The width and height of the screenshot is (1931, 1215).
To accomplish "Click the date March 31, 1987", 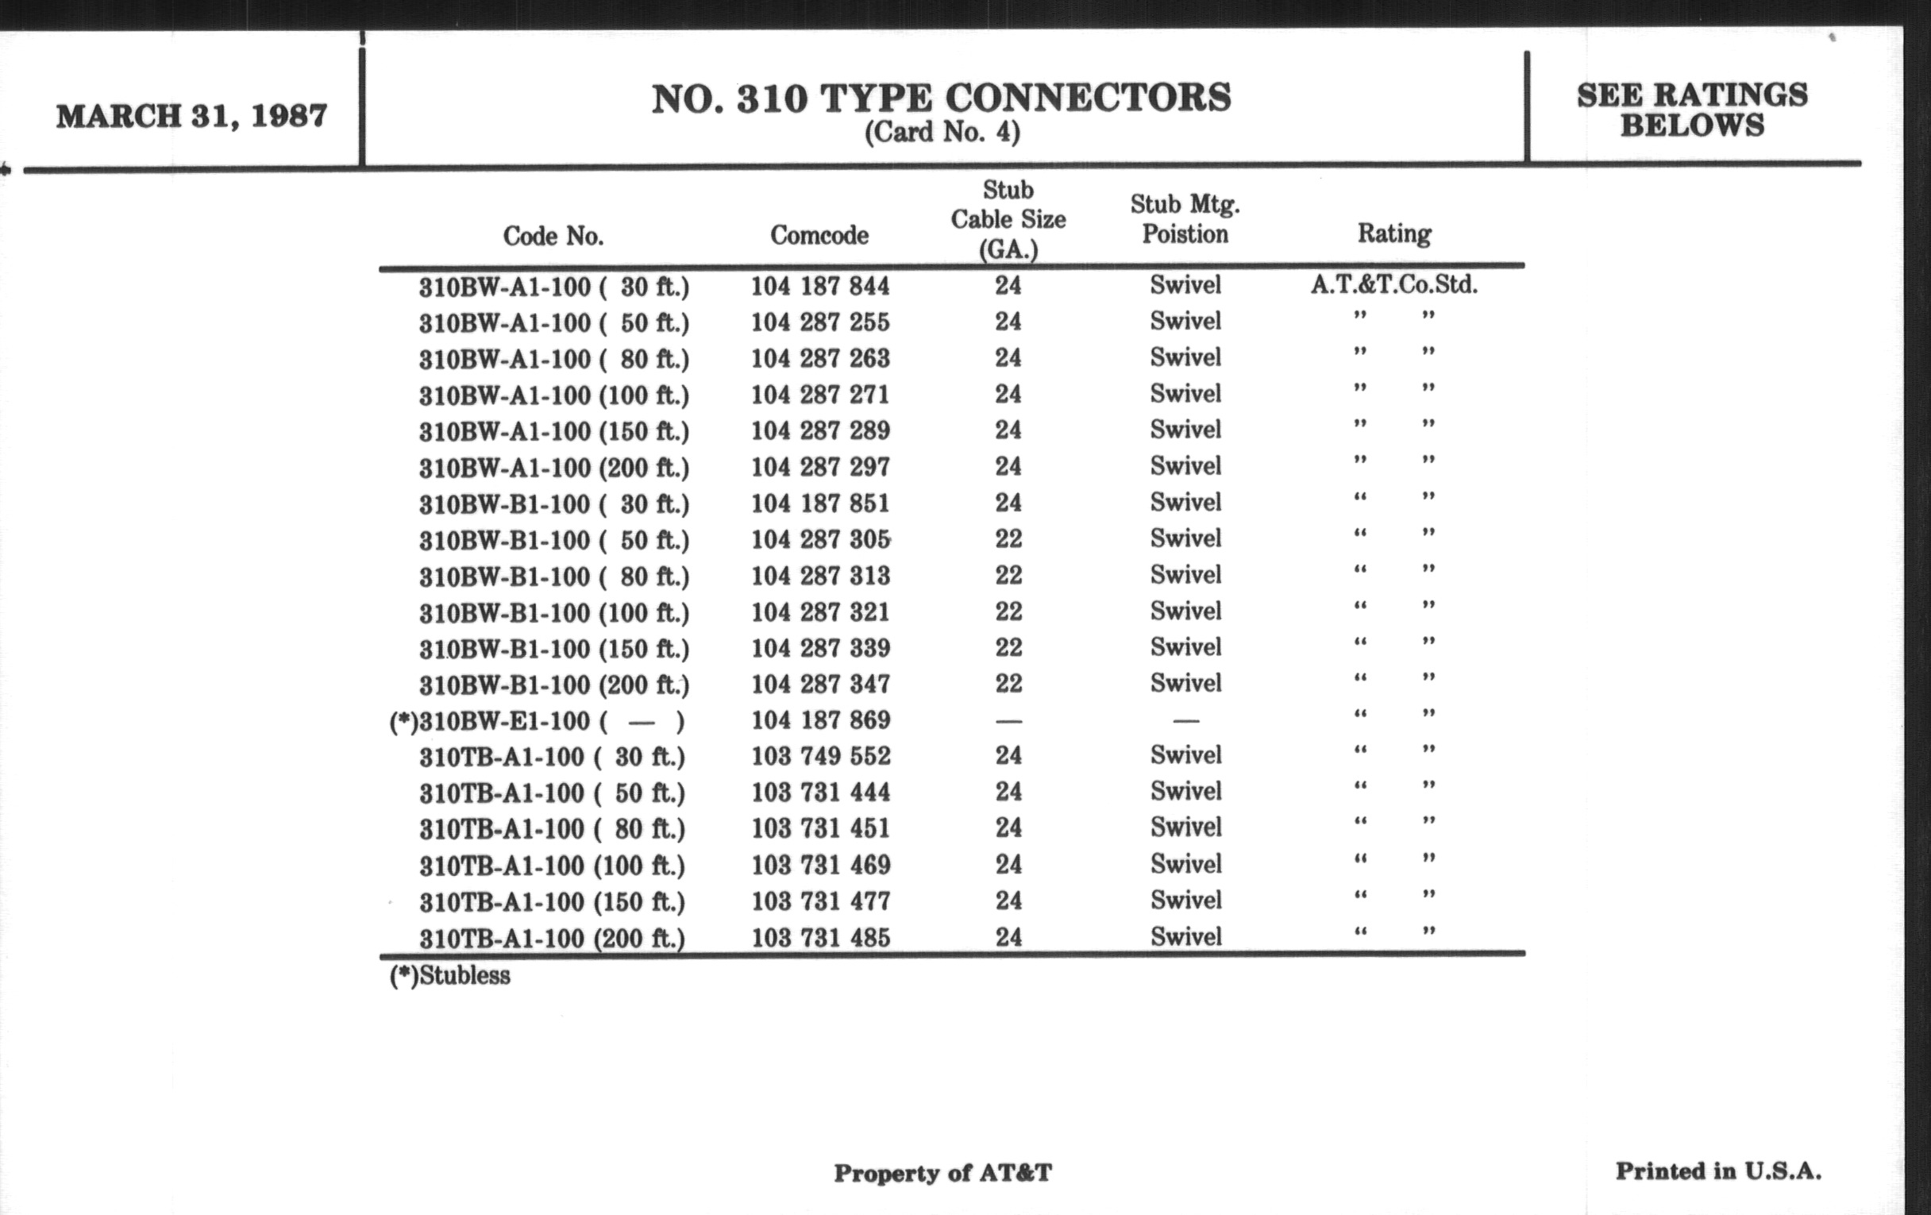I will click(x=191, y=116).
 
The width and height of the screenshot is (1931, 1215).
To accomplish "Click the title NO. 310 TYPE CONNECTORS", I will click(x=941, y=98).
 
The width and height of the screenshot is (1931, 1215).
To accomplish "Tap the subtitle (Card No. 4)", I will click(x=942, y=133).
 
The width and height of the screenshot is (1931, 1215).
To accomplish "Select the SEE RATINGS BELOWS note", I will click(x=1692, y=110).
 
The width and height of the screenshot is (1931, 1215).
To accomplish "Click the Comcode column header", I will click(x=819, y=235).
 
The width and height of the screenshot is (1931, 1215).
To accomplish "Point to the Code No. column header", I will click(x=553, y=236).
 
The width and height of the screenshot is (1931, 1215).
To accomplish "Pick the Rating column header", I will click(x=1393, y=233).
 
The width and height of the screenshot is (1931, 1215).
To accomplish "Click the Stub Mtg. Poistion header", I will click(x=1185, y=219).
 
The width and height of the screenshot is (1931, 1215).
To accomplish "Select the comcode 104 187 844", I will click(x=819, y=287).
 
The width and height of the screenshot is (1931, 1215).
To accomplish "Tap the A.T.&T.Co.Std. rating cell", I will click(x=1393, y=285).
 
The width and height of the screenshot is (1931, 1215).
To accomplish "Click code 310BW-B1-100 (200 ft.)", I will click(x=554, y=685).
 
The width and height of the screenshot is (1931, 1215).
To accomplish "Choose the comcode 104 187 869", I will click(x=820, y=720).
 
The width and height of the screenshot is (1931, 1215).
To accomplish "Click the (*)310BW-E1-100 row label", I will click(x=537, y=722).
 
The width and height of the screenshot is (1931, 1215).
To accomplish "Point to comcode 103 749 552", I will click(x=820, y=756).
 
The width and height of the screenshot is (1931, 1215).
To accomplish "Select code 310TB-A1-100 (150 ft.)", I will click(x=553, y=902).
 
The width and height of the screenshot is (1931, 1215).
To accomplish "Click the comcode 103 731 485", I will click(x=820, y=938).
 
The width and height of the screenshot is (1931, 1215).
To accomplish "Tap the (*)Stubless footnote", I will click(x=450, y=976).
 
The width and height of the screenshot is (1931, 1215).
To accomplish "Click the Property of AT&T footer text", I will click(x=942, y=1173).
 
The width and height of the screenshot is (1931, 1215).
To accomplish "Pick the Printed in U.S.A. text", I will click(x=1717, y=1171).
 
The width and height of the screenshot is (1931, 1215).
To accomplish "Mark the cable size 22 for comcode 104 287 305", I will click(x=1008, y=539).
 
